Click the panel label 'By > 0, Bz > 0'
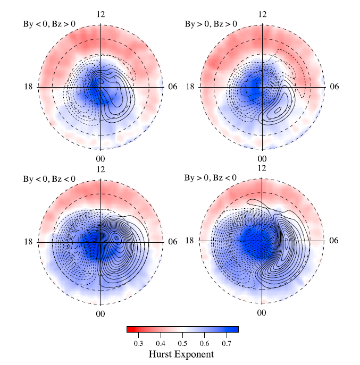(x=211, y=23)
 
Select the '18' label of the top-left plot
(x=28, y=87)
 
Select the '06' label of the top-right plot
(x=332, y=87)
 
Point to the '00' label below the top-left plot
(x=100, y=159)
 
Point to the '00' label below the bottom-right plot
(x=262, y=313)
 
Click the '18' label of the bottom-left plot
(x=28, y=242)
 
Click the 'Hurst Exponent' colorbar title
(x=182, y=354)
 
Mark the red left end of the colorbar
(x=129, y=329)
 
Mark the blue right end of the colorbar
(x=236, y=329)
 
